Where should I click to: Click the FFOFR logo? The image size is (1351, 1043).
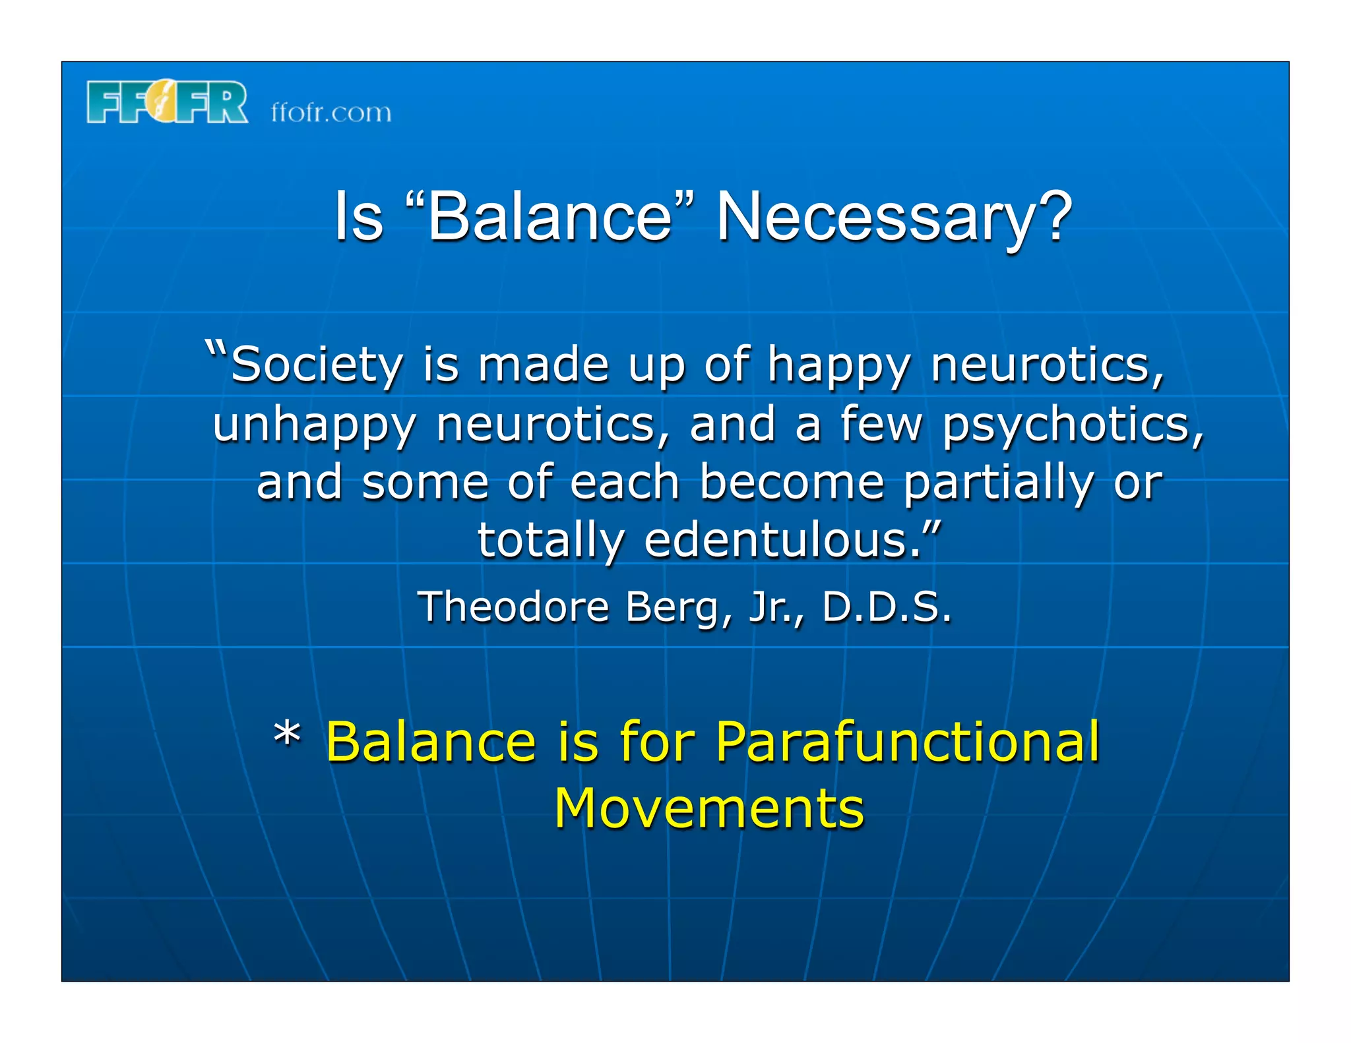click(167, 102)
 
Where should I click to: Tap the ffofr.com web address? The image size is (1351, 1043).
click(331, 113)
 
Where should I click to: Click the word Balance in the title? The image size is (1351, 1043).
click(550, 217)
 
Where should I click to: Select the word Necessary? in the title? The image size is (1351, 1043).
click(894, 218)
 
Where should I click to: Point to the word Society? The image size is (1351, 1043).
click(317, 366)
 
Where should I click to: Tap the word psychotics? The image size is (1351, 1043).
click(1072, 426)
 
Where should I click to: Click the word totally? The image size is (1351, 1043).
click(550, 541)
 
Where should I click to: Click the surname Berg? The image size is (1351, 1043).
click(679, 608)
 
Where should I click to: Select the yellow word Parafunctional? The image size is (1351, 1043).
click(907, 742)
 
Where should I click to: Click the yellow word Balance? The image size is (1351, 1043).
click(431, 742)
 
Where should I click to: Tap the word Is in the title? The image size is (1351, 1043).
click(358, 217)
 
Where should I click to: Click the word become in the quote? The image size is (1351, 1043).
click(792, 482)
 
